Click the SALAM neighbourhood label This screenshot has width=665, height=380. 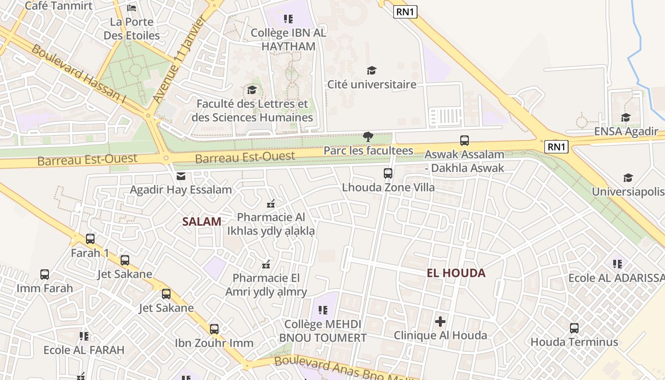tap(202, 221)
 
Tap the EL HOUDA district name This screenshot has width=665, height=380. tap(456, 273)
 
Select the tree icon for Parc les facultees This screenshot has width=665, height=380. tap(368, 137)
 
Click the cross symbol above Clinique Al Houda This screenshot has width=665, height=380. tap(440, 322)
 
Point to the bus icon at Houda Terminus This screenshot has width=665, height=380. tap(574, 328)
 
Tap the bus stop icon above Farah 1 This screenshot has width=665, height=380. tap(90, 239)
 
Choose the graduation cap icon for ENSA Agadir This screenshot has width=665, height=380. tap(626, 117)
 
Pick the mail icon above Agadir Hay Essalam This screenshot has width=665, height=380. tap(181, 176)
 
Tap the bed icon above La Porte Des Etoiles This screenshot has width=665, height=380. tap(132, 8)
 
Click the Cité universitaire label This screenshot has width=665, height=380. tap(371, 85)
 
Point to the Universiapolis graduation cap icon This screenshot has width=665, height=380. tap(628, 178)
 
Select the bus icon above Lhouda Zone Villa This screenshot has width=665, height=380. tap(388, 173)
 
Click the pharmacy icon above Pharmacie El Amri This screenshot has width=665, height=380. tap(266, 264)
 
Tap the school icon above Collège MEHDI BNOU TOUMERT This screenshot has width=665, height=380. tap(323, 310)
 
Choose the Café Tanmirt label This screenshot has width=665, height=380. tap(58, 6)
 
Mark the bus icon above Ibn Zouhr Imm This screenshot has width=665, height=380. tap(214, 329)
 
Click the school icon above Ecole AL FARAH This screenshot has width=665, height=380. tap(84, 336)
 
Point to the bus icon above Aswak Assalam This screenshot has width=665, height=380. tap(464, 141)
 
